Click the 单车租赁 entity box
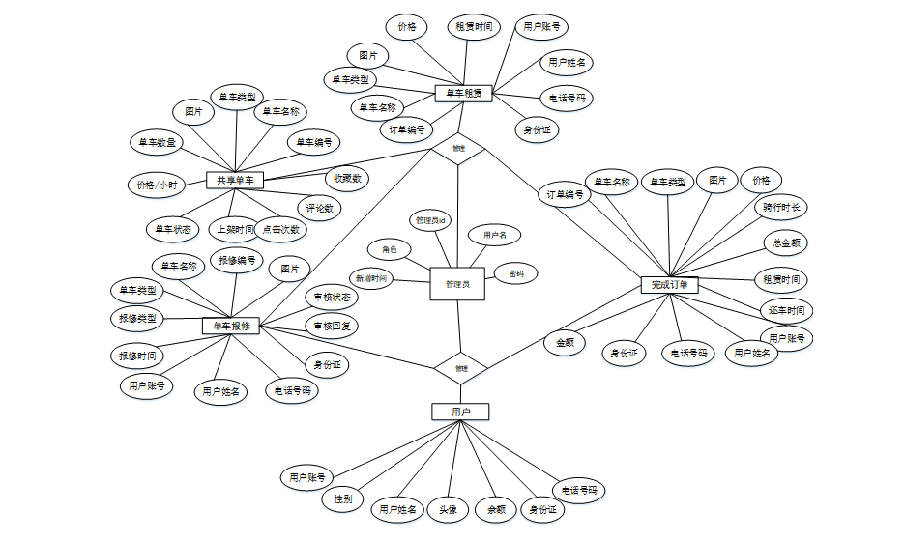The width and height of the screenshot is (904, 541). pyautogui.click(x=464, y=94)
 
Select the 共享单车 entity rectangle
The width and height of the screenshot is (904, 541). pyautogui.click(x=235, y=180)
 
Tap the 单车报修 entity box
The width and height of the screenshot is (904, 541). pyautogui.click(x=231, y=326)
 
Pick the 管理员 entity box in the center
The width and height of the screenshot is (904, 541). pyautogui.click(x=457, y=284)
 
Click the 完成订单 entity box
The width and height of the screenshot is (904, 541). pyautogui.click(x=669, y=285)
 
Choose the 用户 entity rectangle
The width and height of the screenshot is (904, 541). pyautogui.click(x=460, y=412)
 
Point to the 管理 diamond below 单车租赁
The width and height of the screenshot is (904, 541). pyautogui.click(x=458, y=148)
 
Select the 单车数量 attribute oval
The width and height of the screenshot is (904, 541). pyautogui.click(x=158, y=142)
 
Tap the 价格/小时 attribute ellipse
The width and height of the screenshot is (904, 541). pyautogui.click(x=157, y=185)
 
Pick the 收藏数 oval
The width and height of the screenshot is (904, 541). pyautogui.click(x=346, y=178)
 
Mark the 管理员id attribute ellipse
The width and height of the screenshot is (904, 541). pyautogui.click(x=429, y=220)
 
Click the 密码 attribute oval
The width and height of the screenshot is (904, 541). pyautogui.click(x=516, y=274)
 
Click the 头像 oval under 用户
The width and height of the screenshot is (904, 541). pyautogui.click(x=448, y=509)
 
